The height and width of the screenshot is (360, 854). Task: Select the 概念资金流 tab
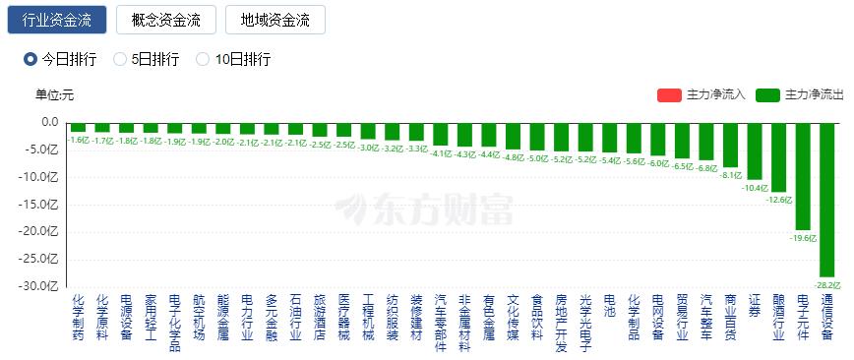[x=165, y=20]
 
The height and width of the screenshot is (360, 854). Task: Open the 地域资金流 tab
[x=274, y=20]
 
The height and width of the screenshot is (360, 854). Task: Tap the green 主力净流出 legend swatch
[x=768, y=95]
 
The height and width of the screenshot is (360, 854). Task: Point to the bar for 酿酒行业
[x=778, y=156]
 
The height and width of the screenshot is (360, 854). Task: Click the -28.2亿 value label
[x=826, y=284]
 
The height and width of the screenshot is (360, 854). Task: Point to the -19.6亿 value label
[x=803, y=237]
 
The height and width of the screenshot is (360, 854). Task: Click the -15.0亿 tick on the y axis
[x=43, y=205]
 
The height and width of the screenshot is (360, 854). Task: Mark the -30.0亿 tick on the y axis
[x=43, y=286]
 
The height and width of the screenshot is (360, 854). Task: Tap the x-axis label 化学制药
[x=78, y=316]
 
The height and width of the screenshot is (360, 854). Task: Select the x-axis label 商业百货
[x=730, y=316]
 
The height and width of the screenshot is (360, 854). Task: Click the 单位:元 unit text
[x=55, y=95]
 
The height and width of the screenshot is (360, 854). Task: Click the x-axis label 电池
[x=610, y=304]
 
